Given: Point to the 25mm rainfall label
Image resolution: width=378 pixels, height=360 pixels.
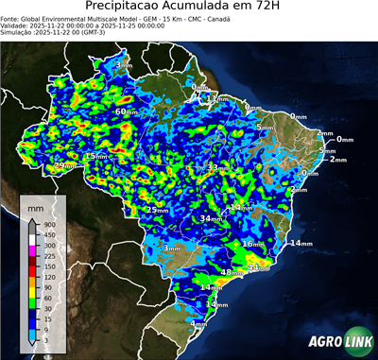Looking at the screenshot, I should point(157,210).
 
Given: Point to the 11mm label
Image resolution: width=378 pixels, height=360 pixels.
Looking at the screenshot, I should point(216,98).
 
